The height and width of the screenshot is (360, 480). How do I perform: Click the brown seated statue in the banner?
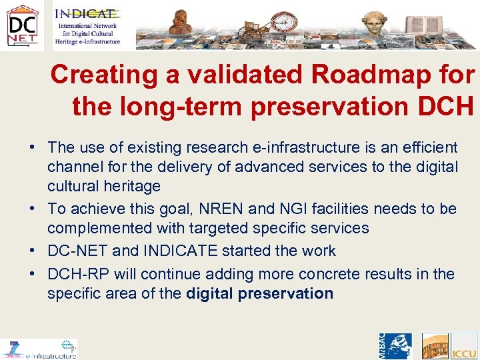tap(179, 23)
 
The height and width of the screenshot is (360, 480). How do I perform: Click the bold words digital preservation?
tap(260, 293)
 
